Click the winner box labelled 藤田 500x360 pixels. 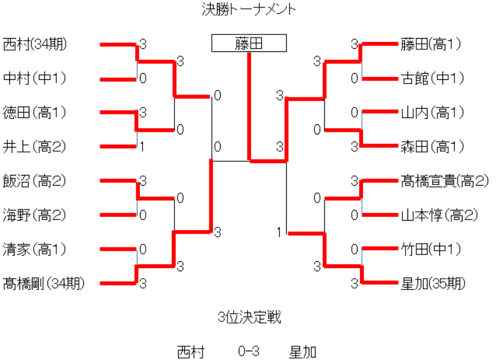pos(249,43)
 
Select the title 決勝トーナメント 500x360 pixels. pos(249,9)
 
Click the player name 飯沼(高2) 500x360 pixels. pos(34,181)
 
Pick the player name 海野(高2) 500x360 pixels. pos(34,216)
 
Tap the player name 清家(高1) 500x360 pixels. pos(34,250)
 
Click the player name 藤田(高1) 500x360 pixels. pos(431,44)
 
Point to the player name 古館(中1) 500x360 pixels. pos(431,78)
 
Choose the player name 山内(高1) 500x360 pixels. pos(431,112)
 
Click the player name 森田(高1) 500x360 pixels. pos(431,147)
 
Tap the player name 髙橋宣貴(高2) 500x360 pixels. pos(444,181)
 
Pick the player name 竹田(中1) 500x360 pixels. pos(431,250)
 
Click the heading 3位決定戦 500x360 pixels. pos(249,317)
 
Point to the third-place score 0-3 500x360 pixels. pos(249,351)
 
